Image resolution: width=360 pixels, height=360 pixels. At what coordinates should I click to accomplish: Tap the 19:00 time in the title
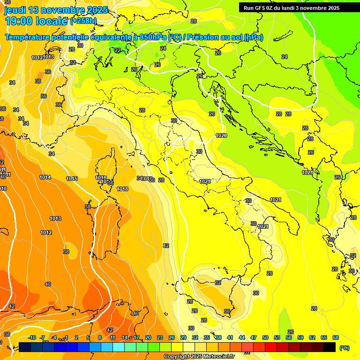pyautogui.click(x=21, y=21)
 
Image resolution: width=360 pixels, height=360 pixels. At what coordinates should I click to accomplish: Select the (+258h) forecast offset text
pyautogui.click(x=83, y=21)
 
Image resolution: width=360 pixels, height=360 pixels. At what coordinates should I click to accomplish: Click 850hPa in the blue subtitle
pyautogui.click(x=152, y=37)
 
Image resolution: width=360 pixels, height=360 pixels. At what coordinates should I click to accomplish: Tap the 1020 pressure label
pyautogui.click(x=221, y=135)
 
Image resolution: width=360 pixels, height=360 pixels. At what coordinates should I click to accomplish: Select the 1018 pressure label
pyautogui.click(x=122, y=189)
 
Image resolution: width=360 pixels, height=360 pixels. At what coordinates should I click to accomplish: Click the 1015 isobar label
pyautogui.click(x=72, y=179)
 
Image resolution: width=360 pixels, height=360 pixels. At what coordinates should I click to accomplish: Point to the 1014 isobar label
pyautogui.click(x=45, y=177)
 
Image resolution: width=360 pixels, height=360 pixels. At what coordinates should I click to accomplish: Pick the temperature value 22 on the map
pyautogui.click(x=118, y=50)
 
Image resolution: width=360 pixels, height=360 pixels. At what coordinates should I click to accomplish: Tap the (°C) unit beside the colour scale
pyautogui.click(x=344, y=348)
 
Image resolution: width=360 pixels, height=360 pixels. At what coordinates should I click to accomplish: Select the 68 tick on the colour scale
pyautogui.click(x=336, y=337)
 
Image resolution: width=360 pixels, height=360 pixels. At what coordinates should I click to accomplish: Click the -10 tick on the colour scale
pyautogui.click(x=32, y=337)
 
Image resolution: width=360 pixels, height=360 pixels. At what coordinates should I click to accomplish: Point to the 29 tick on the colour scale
pyautogui.click(x=183, y=337)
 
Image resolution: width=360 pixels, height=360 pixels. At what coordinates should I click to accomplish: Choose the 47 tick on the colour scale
pyautogui.click(x=254, y=337)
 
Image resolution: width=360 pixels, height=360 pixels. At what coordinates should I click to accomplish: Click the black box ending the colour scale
pyautogui.click(x=330, y=347)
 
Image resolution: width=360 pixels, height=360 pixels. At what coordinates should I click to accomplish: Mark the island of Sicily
pyautogui.click(x=211, y=295)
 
